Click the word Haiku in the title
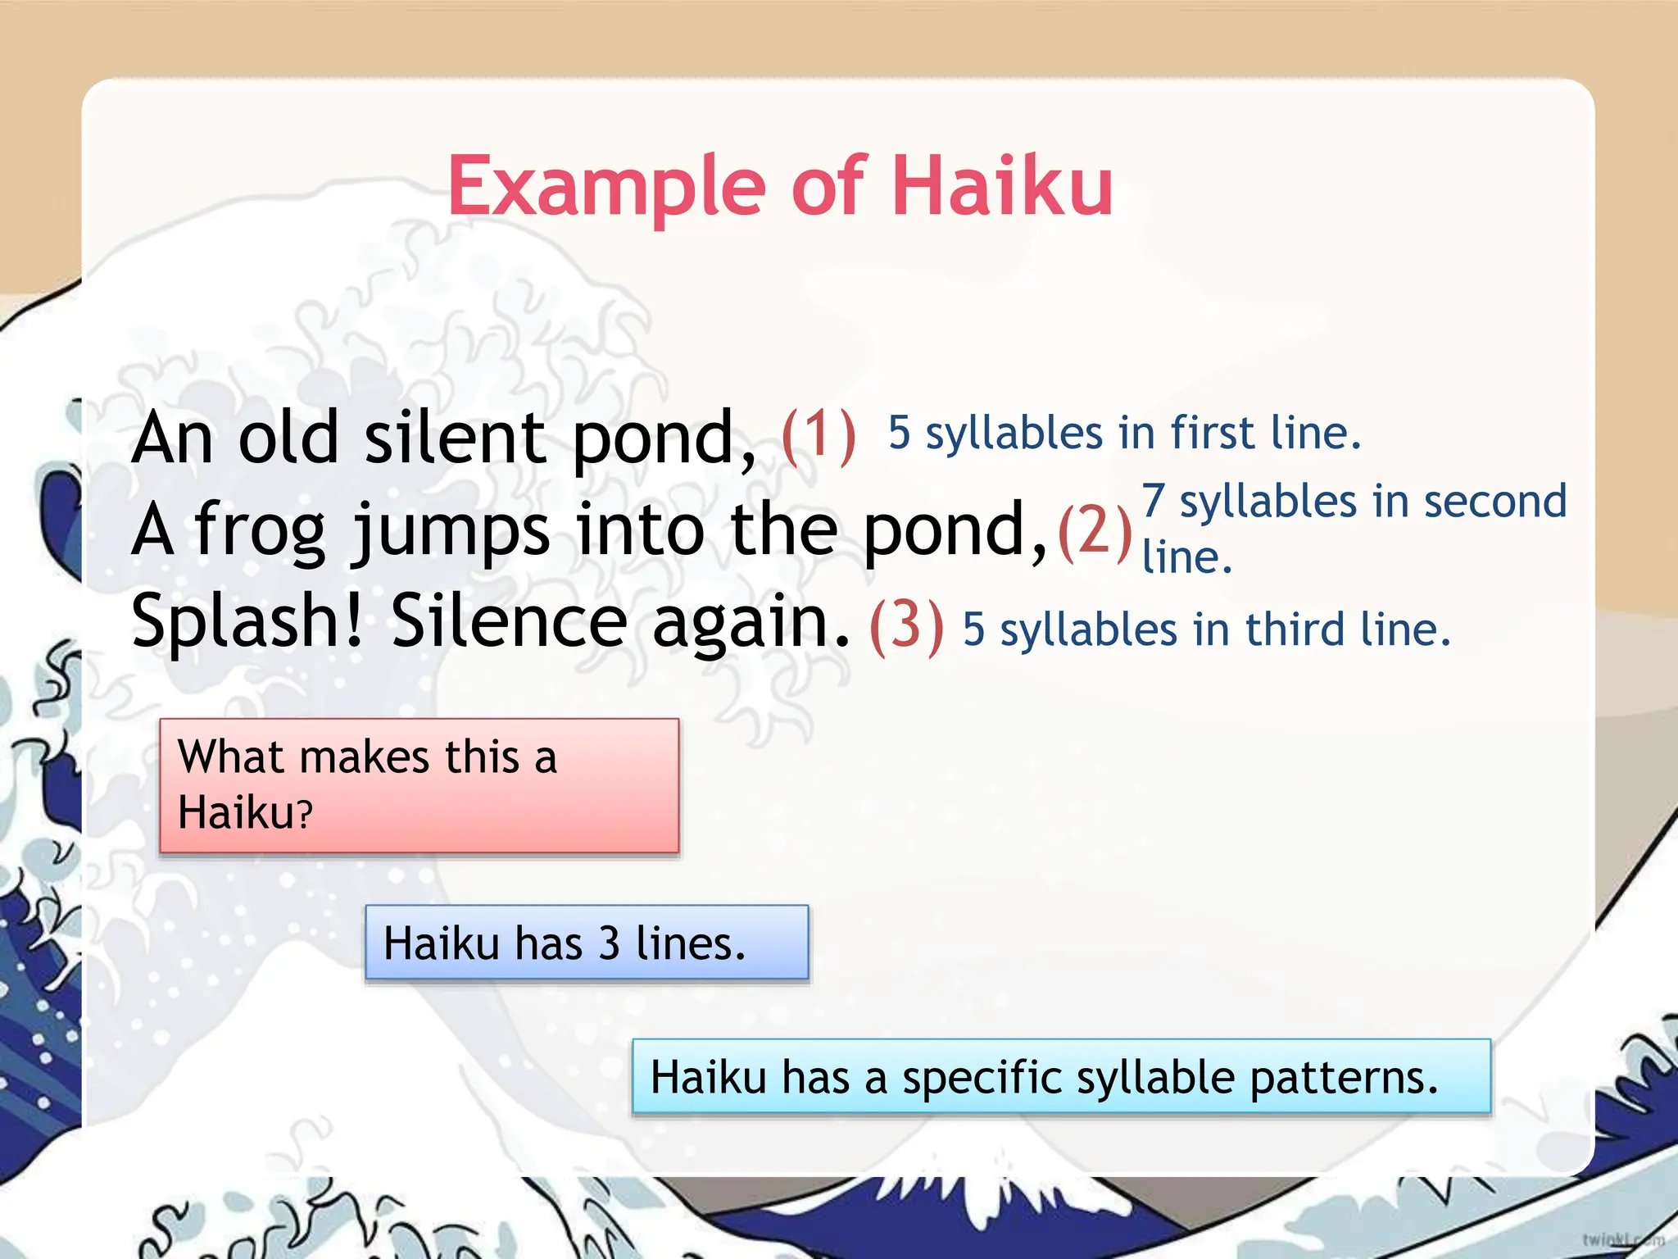tap(1002, 187)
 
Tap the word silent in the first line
tap(455, 438)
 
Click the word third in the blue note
tap(1294, 629)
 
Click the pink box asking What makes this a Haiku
tap(419, 785)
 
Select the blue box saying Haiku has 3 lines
tap(587, 943)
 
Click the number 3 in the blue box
tap(609, 943)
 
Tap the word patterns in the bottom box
tap(1344, 1077)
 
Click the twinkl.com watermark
tap(1622, 1239)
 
